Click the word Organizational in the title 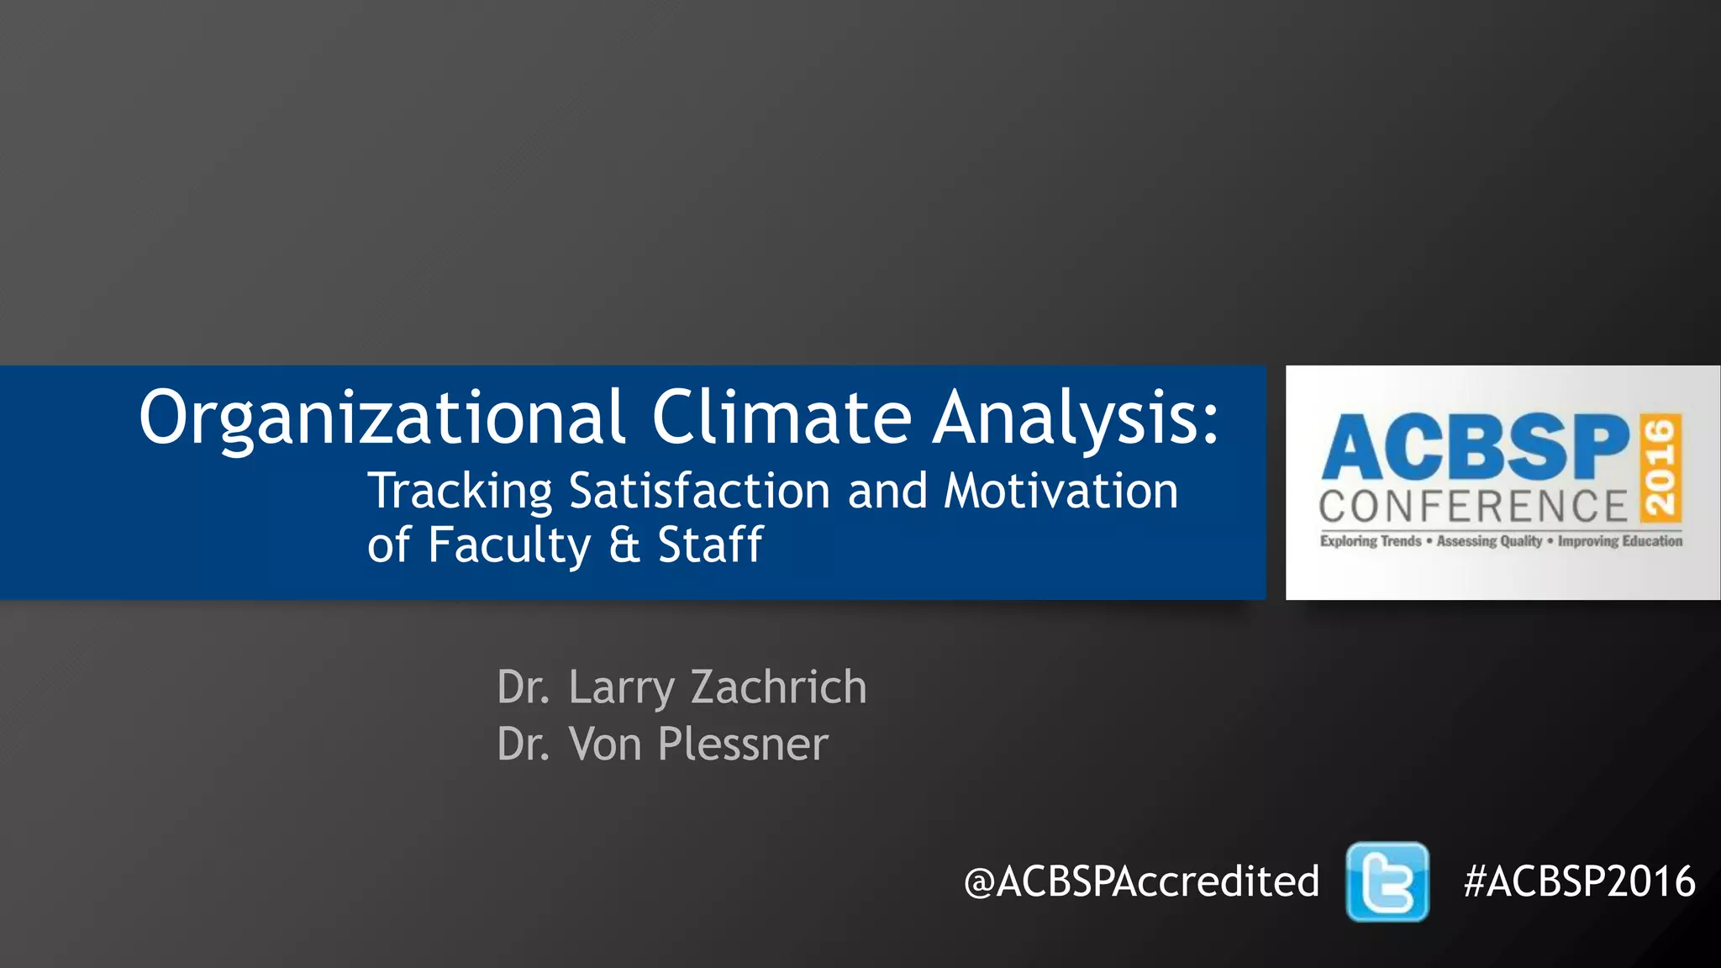click(382, 418)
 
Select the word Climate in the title click(782, 418)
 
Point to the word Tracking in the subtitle click(460, 492)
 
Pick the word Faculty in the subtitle click(509, 545)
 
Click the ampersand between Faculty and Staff click(624, 545)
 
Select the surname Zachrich click(778, 687)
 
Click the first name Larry click(621, 689)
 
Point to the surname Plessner click(743, 744)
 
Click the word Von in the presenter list click(605, 744)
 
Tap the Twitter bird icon click(1387, 882)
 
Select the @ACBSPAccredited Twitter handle click(1141, 881)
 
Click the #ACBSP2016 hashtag click(1579, 881)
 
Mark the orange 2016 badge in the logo click(1660, 467)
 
